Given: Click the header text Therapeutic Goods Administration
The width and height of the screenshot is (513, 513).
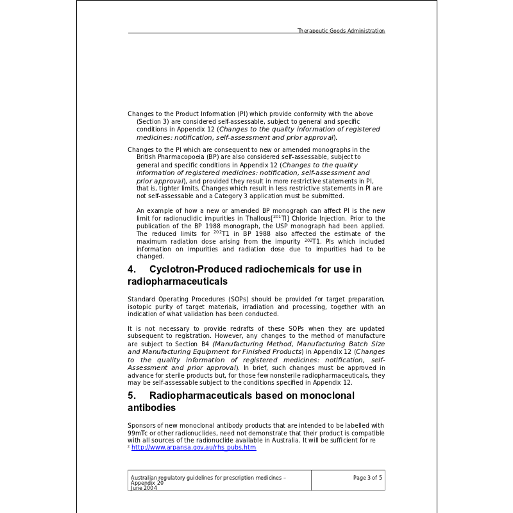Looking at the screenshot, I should [341, 31].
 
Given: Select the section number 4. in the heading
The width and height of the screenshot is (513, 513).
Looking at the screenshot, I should [131, 269].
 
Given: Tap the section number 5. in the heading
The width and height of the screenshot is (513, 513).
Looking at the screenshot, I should [131, 396].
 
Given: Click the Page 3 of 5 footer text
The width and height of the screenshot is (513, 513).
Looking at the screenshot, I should [367, 478].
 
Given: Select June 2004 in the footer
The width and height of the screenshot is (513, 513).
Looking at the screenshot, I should [144, 488].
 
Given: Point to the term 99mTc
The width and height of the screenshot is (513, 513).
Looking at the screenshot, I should [139, 433].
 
